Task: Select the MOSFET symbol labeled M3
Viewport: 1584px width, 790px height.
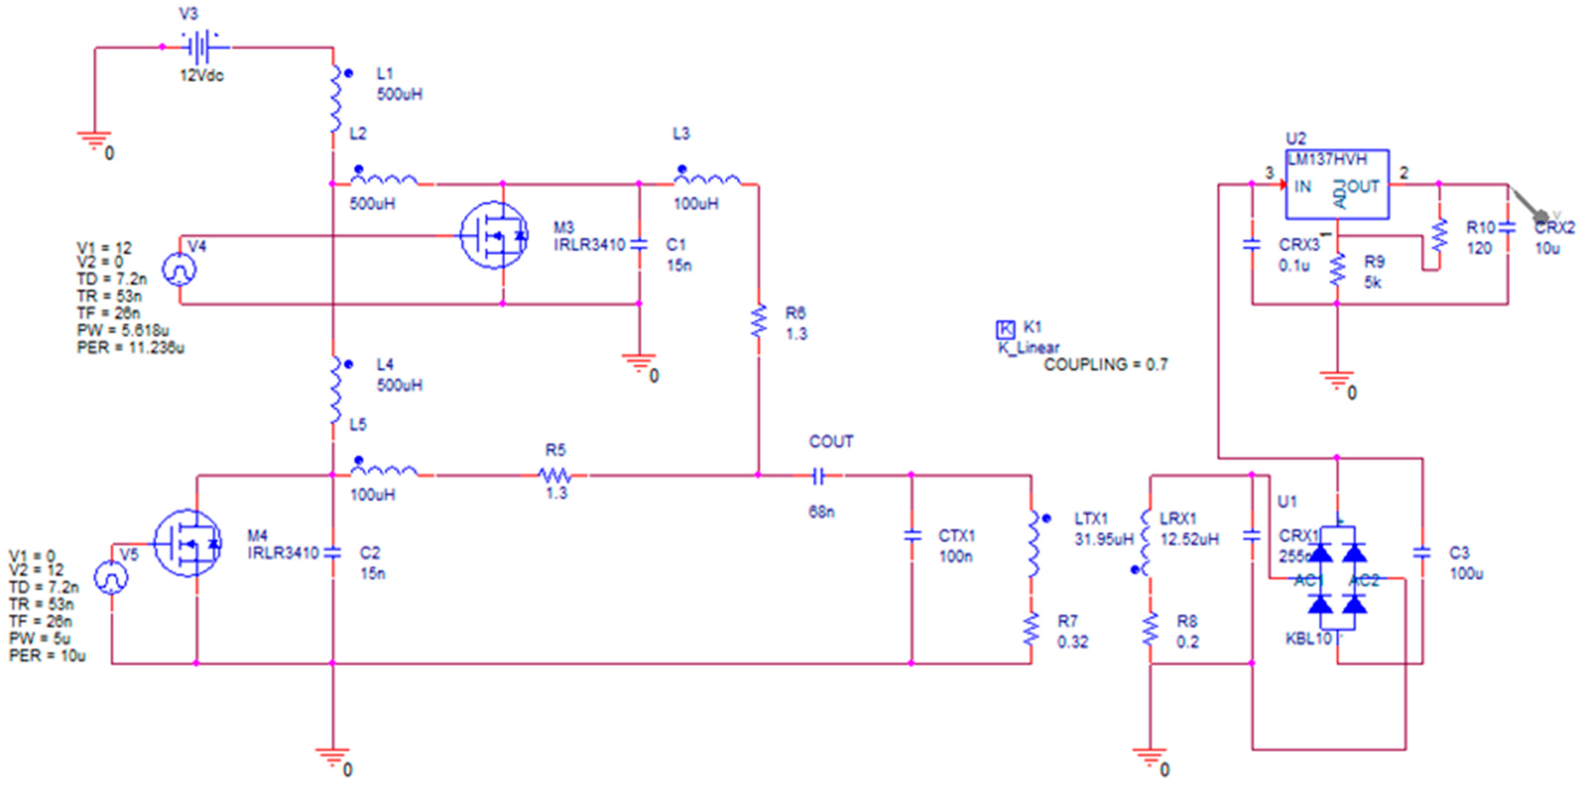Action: [x=494, y=235]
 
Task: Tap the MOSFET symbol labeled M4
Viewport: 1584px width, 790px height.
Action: [x=187, y=543]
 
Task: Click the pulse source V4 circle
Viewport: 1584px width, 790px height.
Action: [x=179, y=269]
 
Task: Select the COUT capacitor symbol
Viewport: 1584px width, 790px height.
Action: [x=818, y=475]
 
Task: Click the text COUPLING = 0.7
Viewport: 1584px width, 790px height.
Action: [x=1105, y=365]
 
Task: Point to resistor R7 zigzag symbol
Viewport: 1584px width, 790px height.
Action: [x=1031, y=629]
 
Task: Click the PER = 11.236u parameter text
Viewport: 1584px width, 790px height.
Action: [x=130, y=348]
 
